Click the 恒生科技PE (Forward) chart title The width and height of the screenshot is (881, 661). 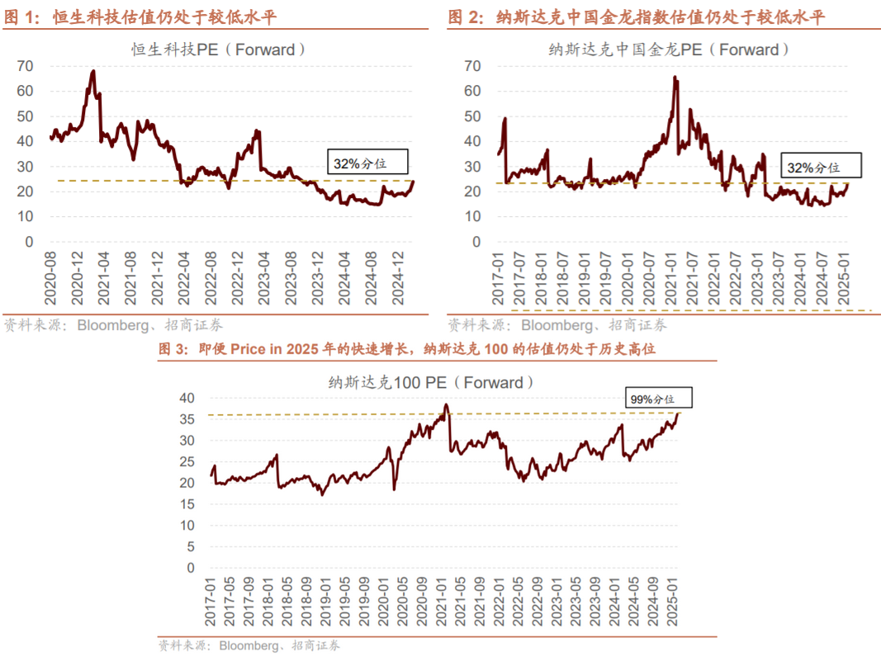[x=219, y=50]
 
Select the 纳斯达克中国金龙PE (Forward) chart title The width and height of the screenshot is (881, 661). [x=670, y=50]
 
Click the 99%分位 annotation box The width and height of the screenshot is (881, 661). [x=658, y=399]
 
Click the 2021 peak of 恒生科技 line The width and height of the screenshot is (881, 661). [x=93, y=72]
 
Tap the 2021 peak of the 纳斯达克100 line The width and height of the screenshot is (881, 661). [x=446, y=405]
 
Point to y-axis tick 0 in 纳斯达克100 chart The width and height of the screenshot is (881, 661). [x=191, y=568]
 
